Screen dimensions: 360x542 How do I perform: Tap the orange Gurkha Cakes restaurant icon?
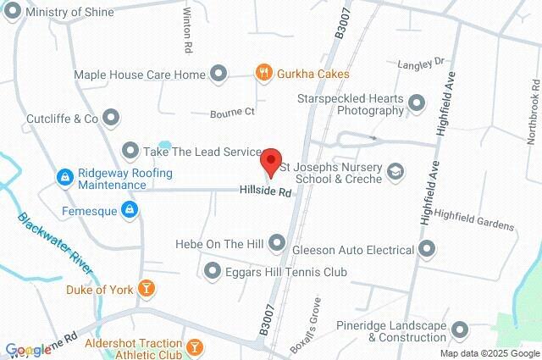click(264, 74)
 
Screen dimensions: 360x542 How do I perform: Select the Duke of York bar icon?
click(147, 289)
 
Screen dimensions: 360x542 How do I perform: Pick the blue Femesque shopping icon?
click(128, 208)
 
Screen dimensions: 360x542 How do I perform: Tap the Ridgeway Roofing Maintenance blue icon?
click(64, 178)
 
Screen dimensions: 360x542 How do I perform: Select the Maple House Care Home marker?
click(218, 75)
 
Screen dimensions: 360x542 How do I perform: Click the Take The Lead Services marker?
click(130, 151)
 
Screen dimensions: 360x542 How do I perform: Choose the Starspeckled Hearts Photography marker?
click(416, 103)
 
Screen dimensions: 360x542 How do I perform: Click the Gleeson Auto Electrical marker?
click(426, 250)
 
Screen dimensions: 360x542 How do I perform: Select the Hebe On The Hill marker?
click(277, 244)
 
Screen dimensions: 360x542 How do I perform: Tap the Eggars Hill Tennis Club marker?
click(213, 271)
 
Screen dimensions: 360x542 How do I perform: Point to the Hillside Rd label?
click(265, 193)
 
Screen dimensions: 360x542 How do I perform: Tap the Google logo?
click(28, 350)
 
